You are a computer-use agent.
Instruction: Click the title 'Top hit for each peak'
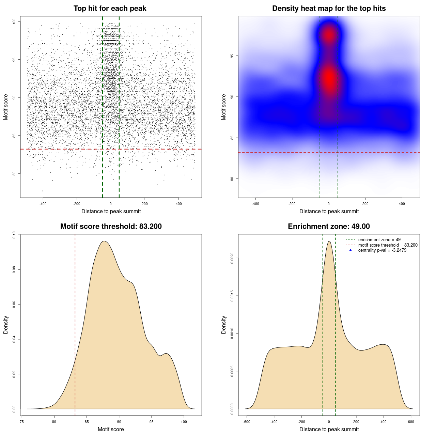point(110,9)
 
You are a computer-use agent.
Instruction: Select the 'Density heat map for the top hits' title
point(329,9)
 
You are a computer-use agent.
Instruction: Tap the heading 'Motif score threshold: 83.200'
point(111,227)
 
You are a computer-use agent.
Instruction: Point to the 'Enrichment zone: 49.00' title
point(329,227)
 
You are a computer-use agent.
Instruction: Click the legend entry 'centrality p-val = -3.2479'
point(382,250)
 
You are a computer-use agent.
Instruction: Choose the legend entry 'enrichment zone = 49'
point(379,240)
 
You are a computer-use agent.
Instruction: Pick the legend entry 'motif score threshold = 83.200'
point(388,245)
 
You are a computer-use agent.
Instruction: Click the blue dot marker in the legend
point(351,250)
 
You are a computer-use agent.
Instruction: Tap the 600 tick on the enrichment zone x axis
point(411,422)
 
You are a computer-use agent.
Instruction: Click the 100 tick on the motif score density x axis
point(184,422)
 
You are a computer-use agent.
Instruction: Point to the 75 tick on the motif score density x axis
point(22,422)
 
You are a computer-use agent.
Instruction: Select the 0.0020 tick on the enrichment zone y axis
point(232,258)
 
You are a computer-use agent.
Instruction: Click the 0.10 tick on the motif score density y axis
point(14,235)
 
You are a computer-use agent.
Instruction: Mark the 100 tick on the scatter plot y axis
point(14,21)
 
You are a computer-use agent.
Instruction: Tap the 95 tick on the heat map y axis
point(232,56)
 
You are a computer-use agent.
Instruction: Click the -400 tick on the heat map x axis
point(255,204)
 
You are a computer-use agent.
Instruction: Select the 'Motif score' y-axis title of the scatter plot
point(6,107)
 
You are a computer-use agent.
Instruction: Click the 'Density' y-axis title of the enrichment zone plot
point(224,325)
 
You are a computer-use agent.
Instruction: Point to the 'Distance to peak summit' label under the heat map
point(329,211)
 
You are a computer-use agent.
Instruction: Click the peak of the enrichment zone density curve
point(329,241)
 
